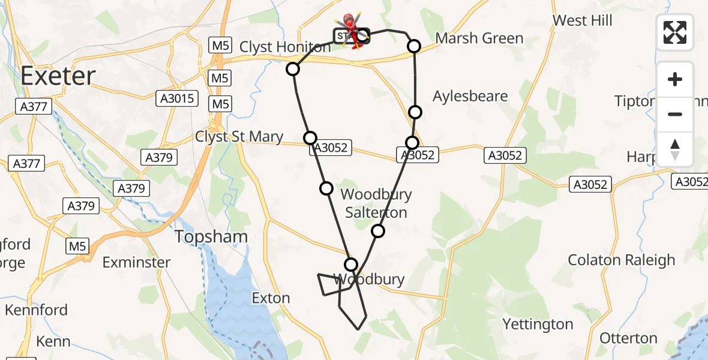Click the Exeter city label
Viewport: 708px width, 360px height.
58,76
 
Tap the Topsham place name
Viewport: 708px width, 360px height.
211,236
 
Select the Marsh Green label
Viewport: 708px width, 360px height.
479,38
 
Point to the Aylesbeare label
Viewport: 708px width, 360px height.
470,96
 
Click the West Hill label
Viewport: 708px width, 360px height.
582,20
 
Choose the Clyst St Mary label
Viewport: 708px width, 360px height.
239,137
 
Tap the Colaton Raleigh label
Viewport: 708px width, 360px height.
621,260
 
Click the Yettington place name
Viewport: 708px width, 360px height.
537,325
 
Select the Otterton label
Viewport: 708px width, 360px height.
628,338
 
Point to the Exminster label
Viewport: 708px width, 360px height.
136,262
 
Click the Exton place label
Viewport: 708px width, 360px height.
271,298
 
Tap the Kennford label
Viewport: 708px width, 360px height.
36,310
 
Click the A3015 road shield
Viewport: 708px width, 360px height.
176,98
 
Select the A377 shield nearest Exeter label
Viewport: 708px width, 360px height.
34,107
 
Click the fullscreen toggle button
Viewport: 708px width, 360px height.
675,32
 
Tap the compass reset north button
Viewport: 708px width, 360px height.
675,149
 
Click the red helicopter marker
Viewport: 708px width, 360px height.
352,27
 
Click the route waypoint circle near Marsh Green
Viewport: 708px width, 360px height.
413,46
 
